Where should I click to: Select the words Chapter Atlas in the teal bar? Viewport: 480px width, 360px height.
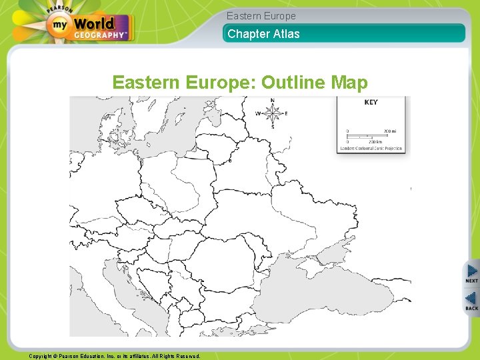pos(263,33)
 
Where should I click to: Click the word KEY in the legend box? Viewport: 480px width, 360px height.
pos(371,103)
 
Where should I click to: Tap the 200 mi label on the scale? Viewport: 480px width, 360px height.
pos(389,131)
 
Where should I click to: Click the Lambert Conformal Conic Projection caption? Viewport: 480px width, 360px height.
pos(371,148)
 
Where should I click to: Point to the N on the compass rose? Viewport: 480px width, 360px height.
pos(272,101)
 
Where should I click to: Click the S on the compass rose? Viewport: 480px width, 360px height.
pos(272,127)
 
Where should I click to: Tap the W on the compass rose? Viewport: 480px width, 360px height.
pos(258,113)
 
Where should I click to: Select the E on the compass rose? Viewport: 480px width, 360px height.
pos(286,113)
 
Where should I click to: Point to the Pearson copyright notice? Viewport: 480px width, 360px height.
pos(115,356)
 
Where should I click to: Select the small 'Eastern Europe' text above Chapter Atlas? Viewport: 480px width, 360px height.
pos(261,16)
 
